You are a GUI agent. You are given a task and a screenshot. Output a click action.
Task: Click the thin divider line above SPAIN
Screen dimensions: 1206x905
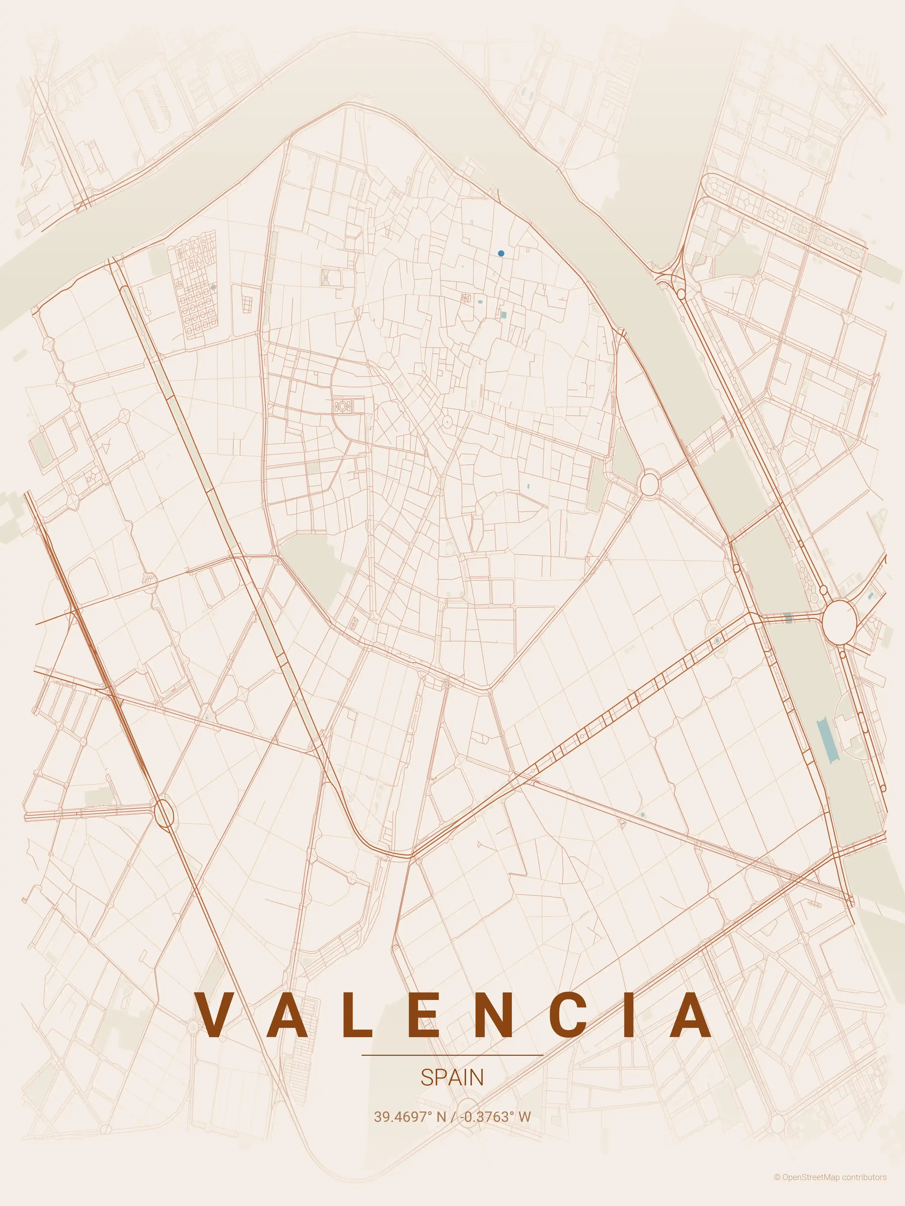(x=452, y=1055)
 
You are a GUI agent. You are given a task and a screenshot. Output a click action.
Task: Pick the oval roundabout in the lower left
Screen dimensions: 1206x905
(x=164, y=814)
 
